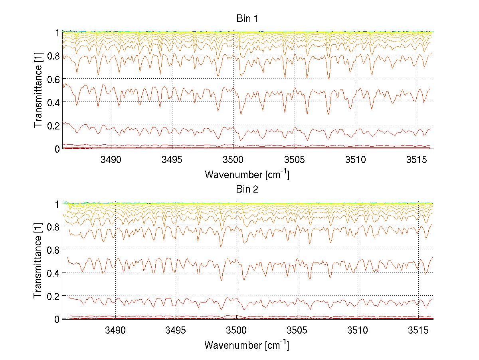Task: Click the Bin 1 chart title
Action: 246,18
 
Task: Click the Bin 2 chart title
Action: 246,189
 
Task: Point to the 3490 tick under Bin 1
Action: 115,160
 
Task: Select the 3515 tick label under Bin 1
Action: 418,160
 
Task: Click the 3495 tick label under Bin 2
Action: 176,330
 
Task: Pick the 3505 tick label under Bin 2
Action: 297,330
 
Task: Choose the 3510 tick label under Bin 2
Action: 357,330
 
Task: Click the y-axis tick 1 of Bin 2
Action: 57,203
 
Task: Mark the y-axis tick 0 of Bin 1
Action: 57,149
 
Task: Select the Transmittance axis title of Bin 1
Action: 38,90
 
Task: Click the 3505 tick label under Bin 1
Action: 297,160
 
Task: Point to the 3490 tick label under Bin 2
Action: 115,330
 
